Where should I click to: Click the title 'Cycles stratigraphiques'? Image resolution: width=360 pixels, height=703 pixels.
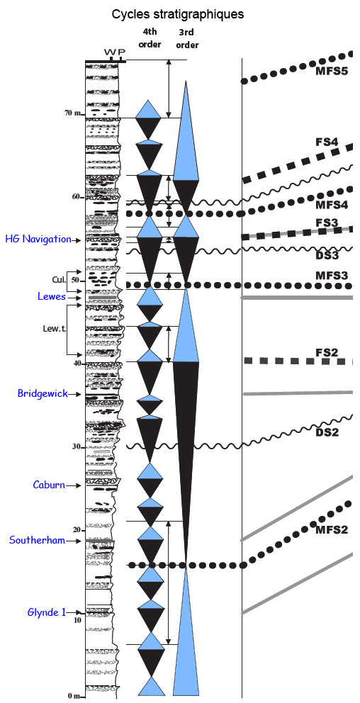[178, 14]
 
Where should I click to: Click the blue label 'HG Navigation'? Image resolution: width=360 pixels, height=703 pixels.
[38, 239]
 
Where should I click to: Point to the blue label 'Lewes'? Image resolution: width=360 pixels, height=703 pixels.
[50, 296]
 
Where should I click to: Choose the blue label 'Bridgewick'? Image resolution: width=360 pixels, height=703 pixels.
[43, 393]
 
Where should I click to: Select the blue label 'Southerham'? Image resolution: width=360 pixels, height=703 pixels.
[38, 540]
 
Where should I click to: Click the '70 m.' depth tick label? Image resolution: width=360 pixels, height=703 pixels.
[72, 113]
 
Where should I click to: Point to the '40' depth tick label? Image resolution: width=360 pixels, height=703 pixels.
[77, 363]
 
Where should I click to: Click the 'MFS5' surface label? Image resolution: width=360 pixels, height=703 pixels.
[332, 70]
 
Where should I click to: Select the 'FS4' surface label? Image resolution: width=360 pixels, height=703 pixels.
[326, 142]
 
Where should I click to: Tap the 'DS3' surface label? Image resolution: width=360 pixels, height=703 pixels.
[326, 256]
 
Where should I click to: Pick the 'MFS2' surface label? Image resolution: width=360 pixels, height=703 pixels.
[332, 530]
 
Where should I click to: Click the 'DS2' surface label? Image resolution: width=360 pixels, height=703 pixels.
[326, 433]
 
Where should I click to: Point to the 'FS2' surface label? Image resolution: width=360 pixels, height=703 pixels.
[326, 352]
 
